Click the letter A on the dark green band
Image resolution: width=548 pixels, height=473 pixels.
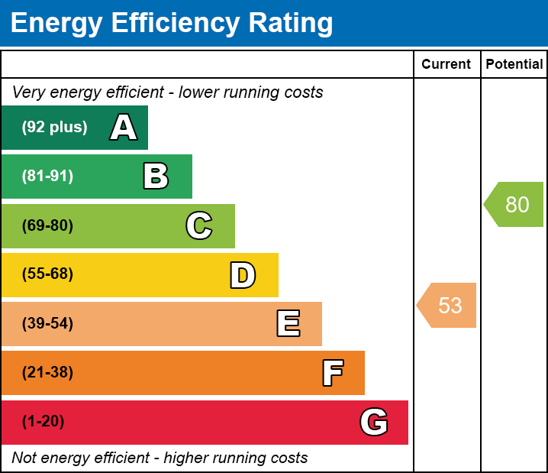(124, 128)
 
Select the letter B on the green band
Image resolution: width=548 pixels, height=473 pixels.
(156, 177)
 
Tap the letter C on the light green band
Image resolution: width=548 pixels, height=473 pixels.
(198, 225)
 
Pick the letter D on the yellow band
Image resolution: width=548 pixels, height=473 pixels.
(243, 275)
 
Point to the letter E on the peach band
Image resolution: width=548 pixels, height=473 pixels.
(288, 324)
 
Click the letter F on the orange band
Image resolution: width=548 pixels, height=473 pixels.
(332, 373)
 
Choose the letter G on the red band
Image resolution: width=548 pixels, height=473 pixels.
(374, 422)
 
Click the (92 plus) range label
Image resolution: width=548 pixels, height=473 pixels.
(54, 128)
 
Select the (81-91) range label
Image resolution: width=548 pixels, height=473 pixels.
(47, 177)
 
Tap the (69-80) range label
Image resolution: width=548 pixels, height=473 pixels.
(47, 225)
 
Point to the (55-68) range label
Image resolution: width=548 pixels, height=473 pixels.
(47, 274)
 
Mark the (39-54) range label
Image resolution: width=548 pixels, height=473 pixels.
(47, 324)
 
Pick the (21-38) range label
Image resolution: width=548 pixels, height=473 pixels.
(47, 373)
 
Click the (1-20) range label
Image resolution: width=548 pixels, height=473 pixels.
(44, 422)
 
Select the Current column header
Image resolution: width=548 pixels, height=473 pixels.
(446, 65)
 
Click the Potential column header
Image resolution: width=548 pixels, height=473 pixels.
(514, 65)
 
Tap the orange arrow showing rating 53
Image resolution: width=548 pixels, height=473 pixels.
(448, 305)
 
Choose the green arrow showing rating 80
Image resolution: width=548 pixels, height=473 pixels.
(515, 204)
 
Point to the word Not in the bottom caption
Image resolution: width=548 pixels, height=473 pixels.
(24, 458)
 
